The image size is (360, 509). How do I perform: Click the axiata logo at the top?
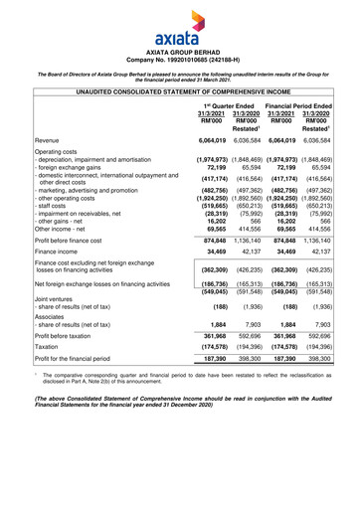(x=179, y=21)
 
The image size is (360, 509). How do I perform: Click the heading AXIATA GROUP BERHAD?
(x=179, y=48)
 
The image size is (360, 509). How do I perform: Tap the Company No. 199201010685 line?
(x=179, y=58)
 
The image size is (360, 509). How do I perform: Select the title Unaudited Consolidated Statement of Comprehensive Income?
(x=179, y=90)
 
